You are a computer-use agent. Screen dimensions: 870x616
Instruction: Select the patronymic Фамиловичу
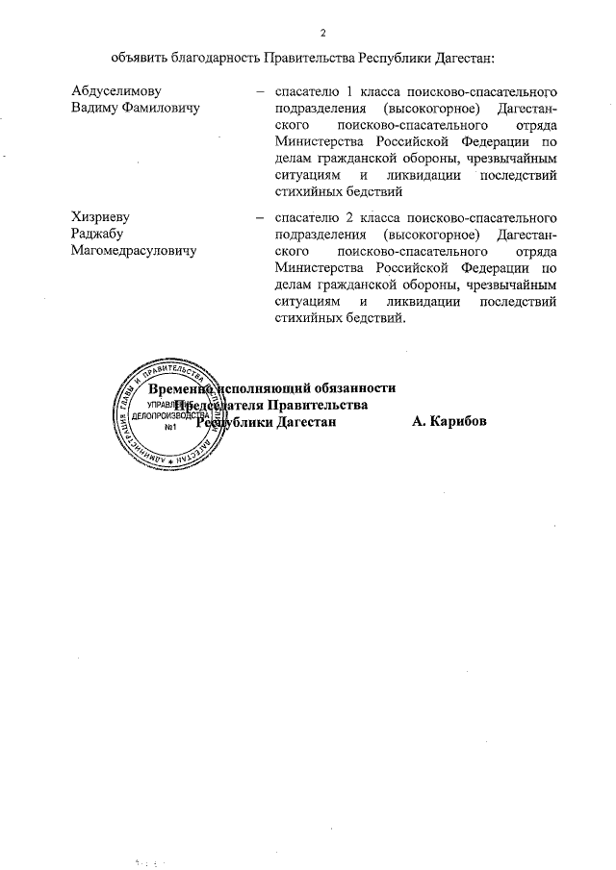point(158,109)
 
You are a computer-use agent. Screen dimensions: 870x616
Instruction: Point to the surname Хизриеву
point(102,218)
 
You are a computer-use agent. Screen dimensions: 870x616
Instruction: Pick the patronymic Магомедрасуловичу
point(134,250)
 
